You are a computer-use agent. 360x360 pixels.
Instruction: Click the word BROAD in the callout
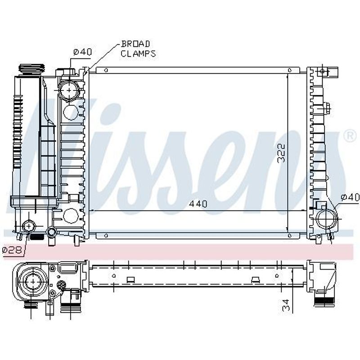[x=135, y=44]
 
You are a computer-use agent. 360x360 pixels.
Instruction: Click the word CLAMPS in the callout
[x=138, y=54]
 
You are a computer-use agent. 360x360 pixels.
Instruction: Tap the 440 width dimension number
[x=198, y=204]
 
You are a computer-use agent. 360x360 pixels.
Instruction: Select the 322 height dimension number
[x=281, y=153]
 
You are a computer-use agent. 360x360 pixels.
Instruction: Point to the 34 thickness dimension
[x=286, y=305]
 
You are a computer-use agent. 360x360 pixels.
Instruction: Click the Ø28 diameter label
[x=12, y=250]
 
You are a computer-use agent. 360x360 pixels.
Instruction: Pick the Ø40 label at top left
[x=83, y=52]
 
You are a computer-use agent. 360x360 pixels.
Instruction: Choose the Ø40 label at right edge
[x=350, y=197]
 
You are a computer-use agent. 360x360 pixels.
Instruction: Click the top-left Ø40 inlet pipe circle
[x=69, y=90]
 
